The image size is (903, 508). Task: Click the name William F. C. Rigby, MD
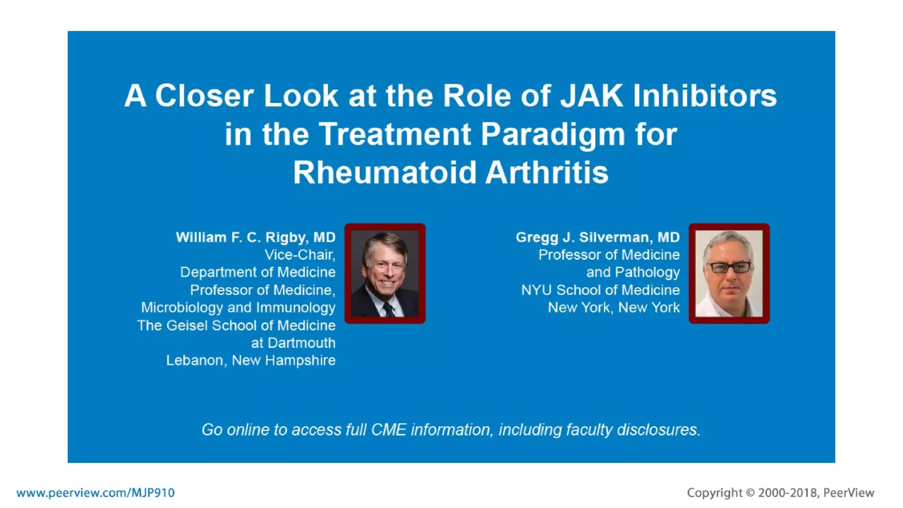(256, 237)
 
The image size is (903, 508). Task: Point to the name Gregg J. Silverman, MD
(597, 237)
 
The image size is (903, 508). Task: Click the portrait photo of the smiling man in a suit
(385, 273)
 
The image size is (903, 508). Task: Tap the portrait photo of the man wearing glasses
(729, 273)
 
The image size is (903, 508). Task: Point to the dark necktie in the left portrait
(389, 309)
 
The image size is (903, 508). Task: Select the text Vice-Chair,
(300, 255)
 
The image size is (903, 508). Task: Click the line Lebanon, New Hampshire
(251, 360)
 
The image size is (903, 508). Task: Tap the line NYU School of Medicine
(600, 290)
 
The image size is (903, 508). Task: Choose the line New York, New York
(614, 307)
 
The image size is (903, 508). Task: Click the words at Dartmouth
(293, 343)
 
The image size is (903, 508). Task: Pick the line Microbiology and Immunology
(238, 307)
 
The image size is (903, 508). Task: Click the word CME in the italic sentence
(388, 430)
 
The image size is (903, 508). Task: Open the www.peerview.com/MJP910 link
(96, 493)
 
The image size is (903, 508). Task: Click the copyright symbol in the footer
(750, 493)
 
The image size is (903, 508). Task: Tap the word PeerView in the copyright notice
(848, 493)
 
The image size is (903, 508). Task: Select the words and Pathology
(633, 272)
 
